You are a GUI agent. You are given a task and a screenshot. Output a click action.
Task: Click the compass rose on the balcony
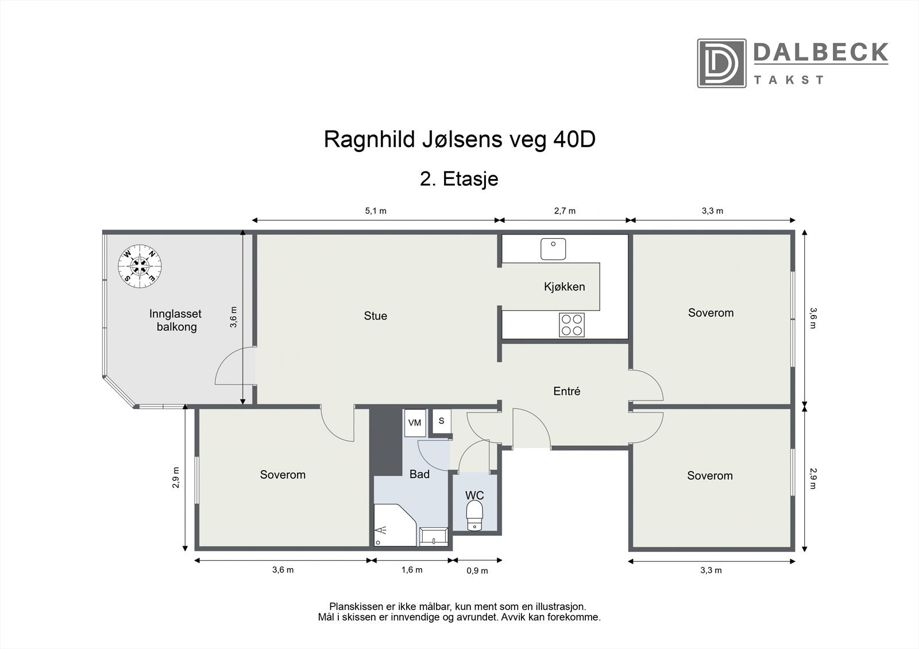point(140,266)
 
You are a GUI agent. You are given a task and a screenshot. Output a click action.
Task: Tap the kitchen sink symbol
point(553,249)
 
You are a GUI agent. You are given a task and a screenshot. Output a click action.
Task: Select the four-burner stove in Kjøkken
point(572,325)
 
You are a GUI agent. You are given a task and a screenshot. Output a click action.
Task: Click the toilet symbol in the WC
point(474,516)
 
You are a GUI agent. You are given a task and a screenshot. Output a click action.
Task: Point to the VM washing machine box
point(415,423)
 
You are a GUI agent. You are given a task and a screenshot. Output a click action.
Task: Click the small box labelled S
point(442,421)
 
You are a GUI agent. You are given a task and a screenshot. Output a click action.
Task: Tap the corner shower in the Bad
point(395,525)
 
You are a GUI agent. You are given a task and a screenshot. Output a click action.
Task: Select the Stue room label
point(376,316)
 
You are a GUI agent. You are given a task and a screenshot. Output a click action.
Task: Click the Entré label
point(566,391)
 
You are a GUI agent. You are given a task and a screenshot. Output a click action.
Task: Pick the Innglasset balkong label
point(176,320)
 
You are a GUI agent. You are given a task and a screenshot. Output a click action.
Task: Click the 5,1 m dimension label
point(376,211)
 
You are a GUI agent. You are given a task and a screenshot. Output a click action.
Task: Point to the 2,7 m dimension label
point(565,211)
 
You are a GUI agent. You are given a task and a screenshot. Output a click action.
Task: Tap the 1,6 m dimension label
point(412,570)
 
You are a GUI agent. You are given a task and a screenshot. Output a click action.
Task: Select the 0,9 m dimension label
point(477,571)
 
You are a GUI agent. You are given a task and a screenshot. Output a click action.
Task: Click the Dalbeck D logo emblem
point(721,63)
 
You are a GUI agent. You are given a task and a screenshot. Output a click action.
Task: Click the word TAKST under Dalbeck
point(789,80)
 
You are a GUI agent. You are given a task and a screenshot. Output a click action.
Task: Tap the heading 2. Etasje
point(459,179)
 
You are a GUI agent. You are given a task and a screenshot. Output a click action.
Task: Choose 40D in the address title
point(574,139)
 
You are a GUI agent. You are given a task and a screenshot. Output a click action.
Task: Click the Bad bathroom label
point(419,475)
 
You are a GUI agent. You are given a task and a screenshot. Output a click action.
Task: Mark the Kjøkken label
point(565,286)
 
